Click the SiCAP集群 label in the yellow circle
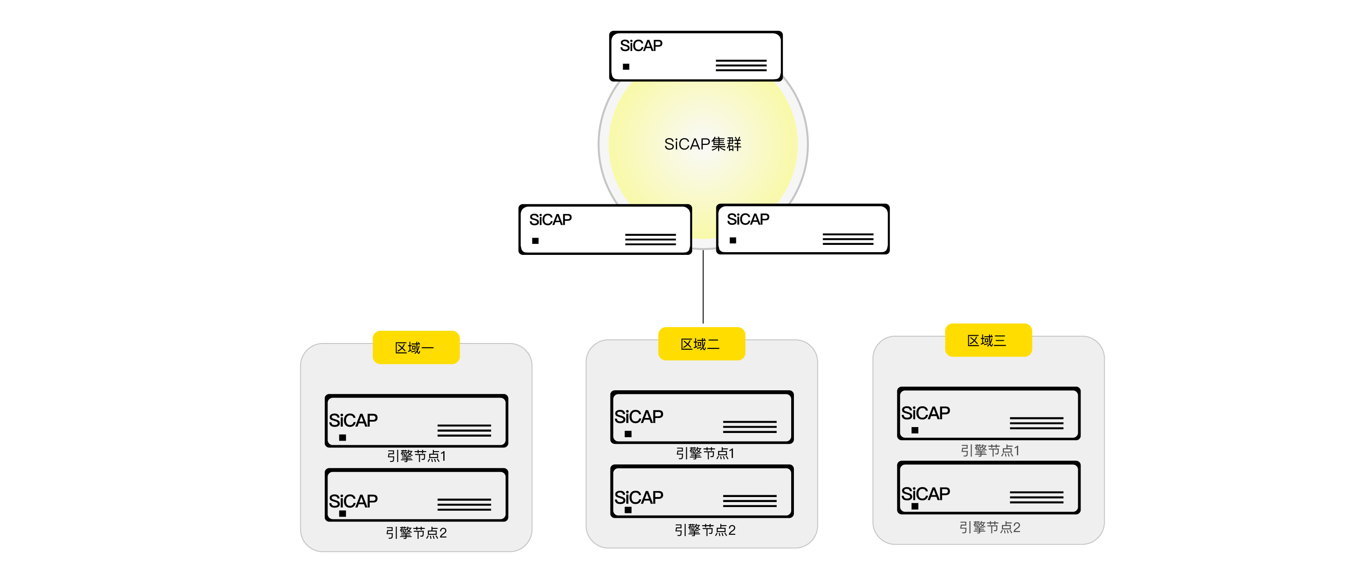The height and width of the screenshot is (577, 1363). pos(703,144)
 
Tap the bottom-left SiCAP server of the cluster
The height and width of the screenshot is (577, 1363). pos(605,230)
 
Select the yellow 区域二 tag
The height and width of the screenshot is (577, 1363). pos(701,344)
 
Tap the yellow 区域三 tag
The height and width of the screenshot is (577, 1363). pos(988,340)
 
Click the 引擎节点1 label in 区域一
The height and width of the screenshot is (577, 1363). pos(417,456)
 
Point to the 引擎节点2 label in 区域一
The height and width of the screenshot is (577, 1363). pos(416,532)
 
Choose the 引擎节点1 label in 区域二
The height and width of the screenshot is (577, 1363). pos(705,453)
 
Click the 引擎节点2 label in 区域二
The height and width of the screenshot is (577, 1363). pos(705,530)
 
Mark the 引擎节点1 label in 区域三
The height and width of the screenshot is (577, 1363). pos(990,451)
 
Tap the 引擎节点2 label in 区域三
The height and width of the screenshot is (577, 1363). pos(990,527)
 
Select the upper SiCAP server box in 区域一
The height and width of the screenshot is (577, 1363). pos(416,421)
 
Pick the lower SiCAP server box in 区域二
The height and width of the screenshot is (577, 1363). pos(702,491)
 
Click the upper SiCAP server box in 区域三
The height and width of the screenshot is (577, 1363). pos(988,413)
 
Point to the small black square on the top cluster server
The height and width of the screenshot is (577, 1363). pos(626,67)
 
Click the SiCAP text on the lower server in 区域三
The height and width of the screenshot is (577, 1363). pos(926,494)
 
